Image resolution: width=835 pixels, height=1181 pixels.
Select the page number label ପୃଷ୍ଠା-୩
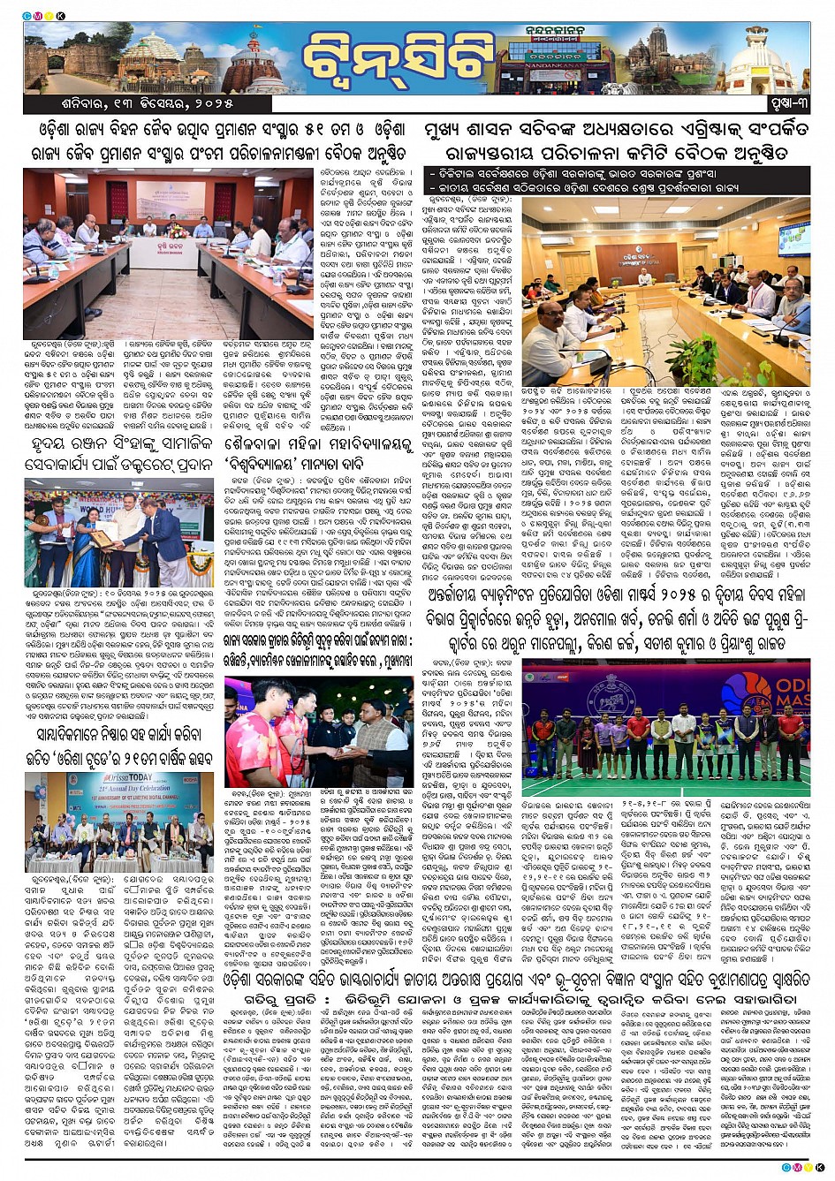(783, 105)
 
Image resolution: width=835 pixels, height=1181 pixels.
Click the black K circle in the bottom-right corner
(819, 1167)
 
